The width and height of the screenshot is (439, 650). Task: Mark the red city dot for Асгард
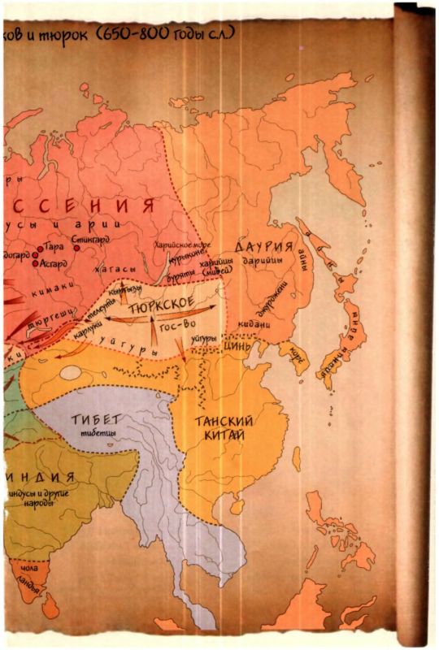coord(35,263)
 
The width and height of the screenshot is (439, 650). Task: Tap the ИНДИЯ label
coord(42,476)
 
